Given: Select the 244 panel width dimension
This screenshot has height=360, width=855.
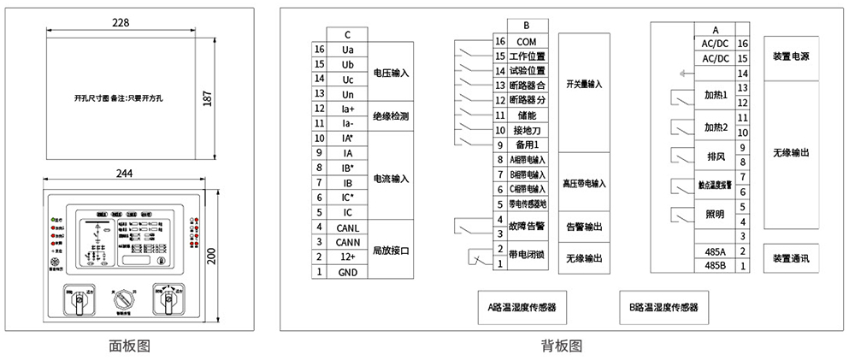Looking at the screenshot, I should click(125, 173).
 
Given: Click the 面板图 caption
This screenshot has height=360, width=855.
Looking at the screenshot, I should click(130, 345).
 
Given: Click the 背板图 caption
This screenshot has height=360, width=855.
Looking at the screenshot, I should click(562, 345).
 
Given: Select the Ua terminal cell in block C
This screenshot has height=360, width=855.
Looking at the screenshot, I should click(347, 50).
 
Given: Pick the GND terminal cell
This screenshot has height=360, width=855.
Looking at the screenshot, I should click(347, 272).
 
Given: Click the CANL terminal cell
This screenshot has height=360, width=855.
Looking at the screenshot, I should click(347, 227).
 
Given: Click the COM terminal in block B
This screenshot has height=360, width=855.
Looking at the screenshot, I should click(527, 41).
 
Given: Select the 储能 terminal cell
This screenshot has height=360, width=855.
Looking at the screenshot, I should click(527, 115).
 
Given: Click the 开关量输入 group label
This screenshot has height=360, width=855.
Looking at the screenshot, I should click(584, 85).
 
